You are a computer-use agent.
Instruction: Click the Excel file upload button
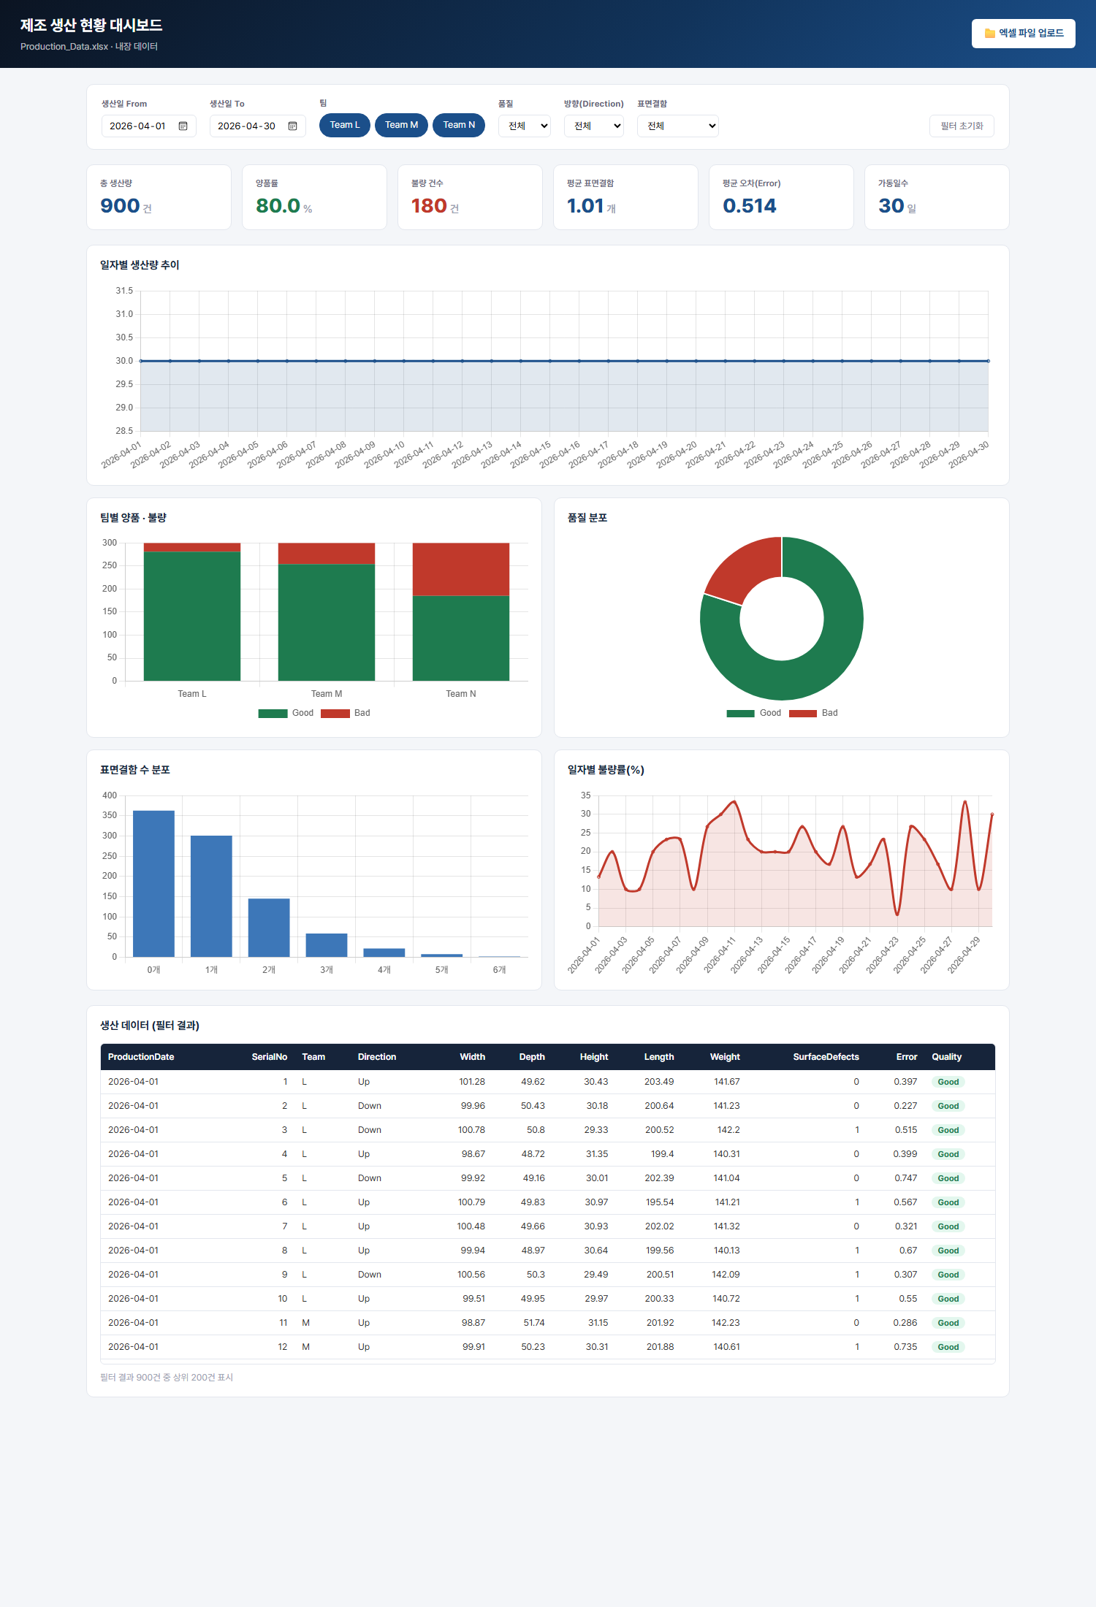click(1023, 34)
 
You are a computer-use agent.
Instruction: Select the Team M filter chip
click(401, 125)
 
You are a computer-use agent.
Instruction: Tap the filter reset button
click(962, 126)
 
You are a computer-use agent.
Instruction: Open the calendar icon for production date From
click(183, 126)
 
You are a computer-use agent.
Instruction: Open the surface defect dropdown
click(678, 126)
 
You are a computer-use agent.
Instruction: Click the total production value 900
click(121, 206)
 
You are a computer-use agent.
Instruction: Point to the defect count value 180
click(429, 206)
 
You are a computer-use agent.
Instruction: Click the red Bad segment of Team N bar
click(461, 569)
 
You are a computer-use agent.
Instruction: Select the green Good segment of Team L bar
click(192, 617)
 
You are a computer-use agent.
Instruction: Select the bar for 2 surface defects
click(269, 928)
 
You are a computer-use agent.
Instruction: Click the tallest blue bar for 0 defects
click(153, 884)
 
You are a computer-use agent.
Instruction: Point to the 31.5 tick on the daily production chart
click(124, 291)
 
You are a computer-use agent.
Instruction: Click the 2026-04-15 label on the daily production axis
click(531, 454)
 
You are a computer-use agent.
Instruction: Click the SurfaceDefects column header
click(826, 1057)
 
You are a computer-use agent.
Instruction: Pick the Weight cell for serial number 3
click(728, 1130)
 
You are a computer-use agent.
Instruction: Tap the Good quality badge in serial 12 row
click(948, 1347)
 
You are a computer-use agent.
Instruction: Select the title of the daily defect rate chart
click(606, 770)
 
